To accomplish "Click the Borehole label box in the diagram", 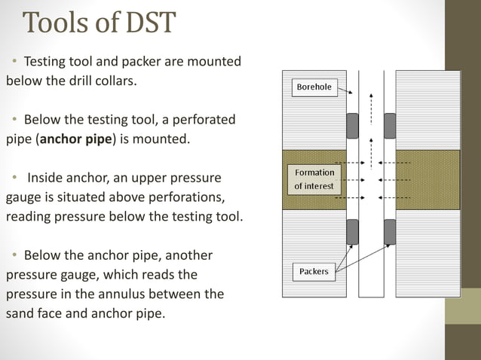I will tap(314, 87).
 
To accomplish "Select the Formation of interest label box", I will tap(314, 179).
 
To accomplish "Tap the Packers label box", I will tap(314, 271).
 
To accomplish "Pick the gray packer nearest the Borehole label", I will tap(352, 125).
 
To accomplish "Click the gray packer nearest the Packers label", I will tap(352, 232).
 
